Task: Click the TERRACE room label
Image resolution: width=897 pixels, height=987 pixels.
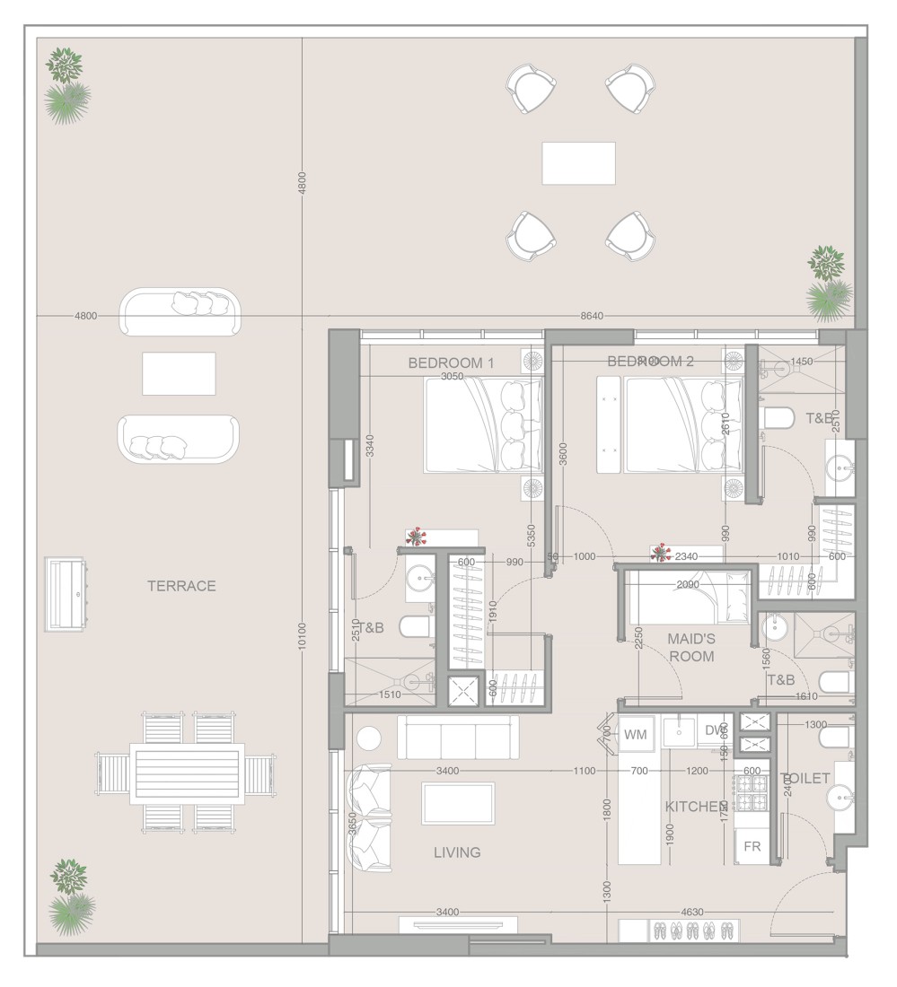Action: (x=181, y=586)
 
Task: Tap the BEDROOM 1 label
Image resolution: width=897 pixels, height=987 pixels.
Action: (x=451, y=362)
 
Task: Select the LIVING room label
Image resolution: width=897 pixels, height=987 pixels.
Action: (x=457, y=852)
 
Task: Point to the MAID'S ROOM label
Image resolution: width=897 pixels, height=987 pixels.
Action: (x=690, y=647)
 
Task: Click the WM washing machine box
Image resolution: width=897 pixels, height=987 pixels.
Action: (x=636, y=735)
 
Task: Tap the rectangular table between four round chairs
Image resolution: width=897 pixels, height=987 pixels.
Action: (x=578, y=163)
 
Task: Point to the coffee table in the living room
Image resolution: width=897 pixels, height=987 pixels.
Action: (x=458, y=803)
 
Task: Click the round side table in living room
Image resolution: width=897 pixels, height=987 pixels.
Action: (x=369, y=738)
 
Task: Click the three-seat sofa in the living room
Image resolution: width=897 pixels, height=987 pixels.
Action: (x=458, y=738)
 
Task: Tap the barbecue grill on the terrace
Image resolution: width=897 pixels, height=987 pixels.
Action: (x=66, y=593)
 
